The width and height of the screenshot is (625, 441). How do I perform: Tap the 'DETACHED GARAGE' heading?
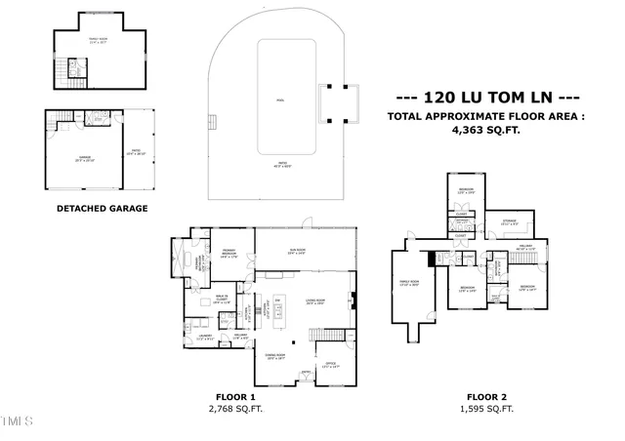point(102,208)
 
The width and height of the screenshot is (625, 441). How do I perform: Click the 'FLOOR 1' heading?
point(234,397)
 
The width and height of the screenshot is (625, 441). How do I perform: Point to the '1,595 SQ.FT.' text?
point(485,409)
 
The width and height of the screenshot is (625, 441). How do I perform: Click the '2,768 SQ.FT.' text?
point(234,409)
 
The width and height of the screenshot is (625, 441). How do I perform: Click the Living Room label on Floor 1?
point(314,301)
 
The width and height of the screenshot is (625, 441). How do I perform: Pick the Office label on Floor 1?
point(331,365)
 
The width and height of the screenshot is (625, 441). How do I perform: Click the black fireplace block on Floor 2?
point(432,259)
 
